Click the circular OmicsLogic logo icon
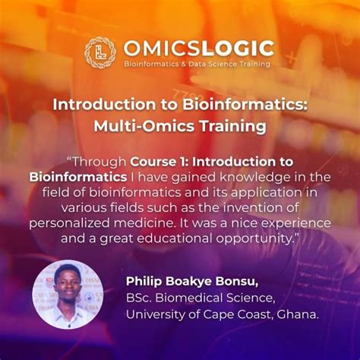pos(99,52)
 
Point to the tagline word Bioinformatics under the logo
pos(150,64)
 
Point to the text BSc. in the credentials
pos(140,297)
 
